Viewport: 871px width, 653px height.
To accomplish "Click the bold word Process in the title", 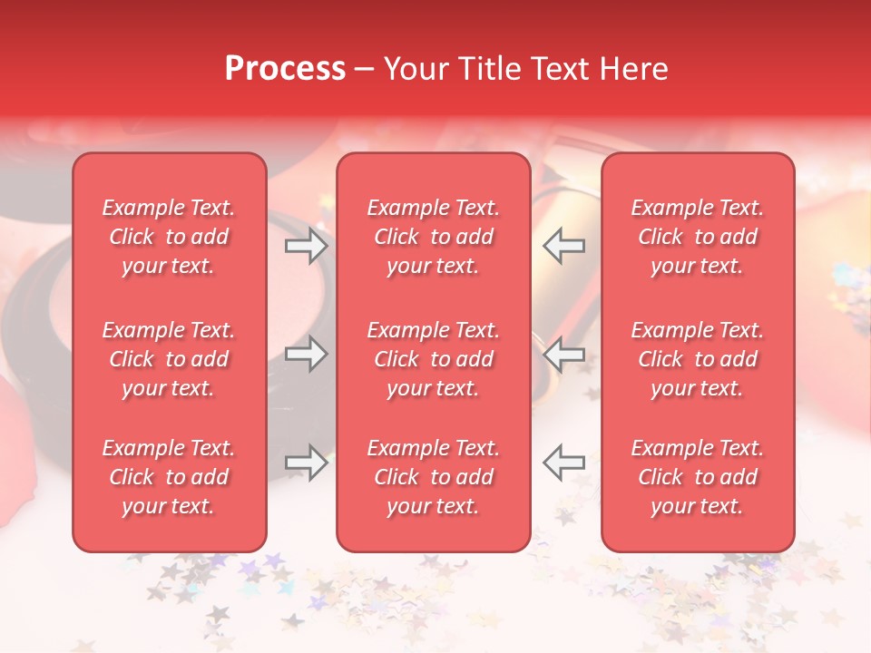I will (x=285, y=69).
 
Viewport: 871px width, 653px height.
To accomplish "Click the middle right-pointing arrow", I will (x=307, y=354).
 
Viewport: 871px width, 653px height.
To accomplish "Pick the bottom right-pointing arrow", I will (x=307, y=463).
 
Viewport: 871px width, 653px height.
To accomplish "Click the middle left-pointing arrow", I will (x=563, y=354).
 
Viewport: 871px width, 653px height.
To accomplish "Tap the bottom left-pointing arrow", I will (x=563, y=463).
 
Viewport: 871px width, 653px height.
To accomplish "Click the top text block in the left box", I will (x=169, y=237).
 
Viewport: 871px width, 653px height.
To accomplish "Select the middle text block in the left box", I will (x=169, y=359).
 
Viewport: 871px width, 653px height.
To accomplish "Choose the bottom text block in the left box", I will (x=169, y=477).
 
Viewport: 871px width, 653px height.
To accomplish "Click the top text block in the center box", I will (x=433, y=237).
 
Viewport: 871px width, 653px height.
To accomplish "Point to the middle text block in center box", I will (x=433, y=359).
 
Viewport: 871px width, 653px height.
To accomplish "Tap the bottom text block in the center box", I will (x=433, y=477).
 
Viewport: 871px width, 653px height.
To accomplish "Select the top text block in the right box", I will (x=697, y=237).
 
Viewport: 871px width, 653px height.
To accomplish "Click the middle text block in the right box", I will (x=697, y=359).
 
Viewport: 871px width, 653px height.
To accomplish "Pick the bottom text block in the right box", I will (x=697, y=477).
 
